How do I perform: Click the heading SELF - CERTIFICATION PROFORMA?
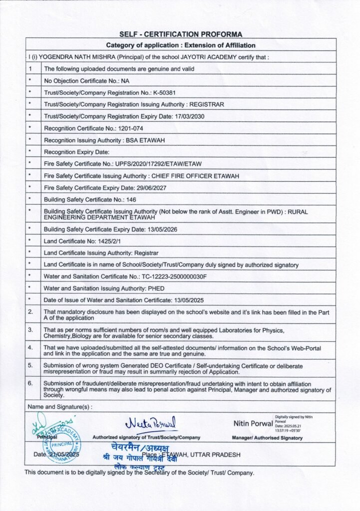coord(181,34)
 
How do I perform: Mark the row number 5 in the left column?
coord(30,365)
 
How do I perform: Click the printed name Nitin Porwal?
coord(253,424)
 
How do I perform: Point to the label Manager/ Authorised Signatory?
coord(267,438)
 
